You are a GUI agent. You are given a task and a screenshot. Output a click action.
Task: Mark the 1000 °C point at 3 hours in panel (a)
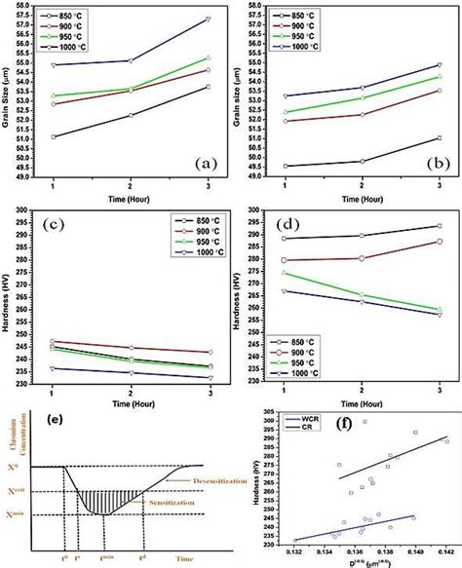209,19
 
